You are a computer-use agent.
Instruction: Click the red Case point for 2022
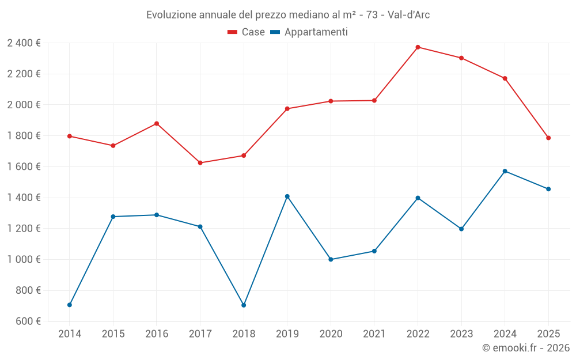pyautogui.click(x=418, y=47)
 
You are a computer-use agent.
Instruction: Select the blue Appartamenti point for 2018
pyautogui.click(x=244, y=305)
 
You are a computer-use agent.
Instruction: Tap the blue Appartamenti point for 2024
pyautogui.click(x=505, y=171)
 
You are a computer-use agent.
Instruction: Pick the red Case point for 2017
pyautogui.click(x=200, y=163)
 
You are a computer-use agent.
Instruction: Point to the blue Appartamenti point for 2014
pyautogui.click(x=70, y=305)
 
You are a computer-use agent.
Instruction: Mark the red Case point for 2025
pyautogui.click(x=548, y=138)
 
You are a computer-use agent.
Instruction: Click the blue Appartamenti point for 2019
pyautogui.click(x=287, y=196)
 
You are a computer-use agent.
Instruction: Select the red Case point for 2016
pyautogui.click(x=157, y=124)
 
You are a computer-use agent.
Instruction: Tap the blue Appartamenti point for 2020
pyautogui.click(x=331, y=259)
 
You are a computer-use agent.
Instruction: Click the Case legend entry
pyautogui.click(x=247, y=32)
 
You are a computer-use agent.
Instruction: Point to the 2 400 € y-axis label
pyautogui.click(x=24, y=43)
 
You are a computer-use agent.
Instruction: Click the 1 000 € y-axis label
pyautogui.click(x=24, y=259)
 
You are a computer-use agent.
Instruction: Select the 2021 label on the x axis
pyautogui.click(x=374, y=334)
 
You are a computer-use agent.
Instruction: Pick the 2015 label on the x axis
pyautogui.click(x=113, y=334)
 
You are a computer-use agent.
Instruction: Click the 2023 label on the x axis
pyautogui.click(x=461, y=334)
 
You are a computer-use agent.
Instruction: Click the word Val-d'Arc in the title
pyautogui.click(x=408, y=14)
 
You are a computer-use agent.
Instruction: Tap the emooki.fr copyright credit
pyautogui.click(x=526, y=348)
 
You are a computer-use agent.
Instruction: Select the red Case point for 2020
pyautogui.click(x=331, y=101)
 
